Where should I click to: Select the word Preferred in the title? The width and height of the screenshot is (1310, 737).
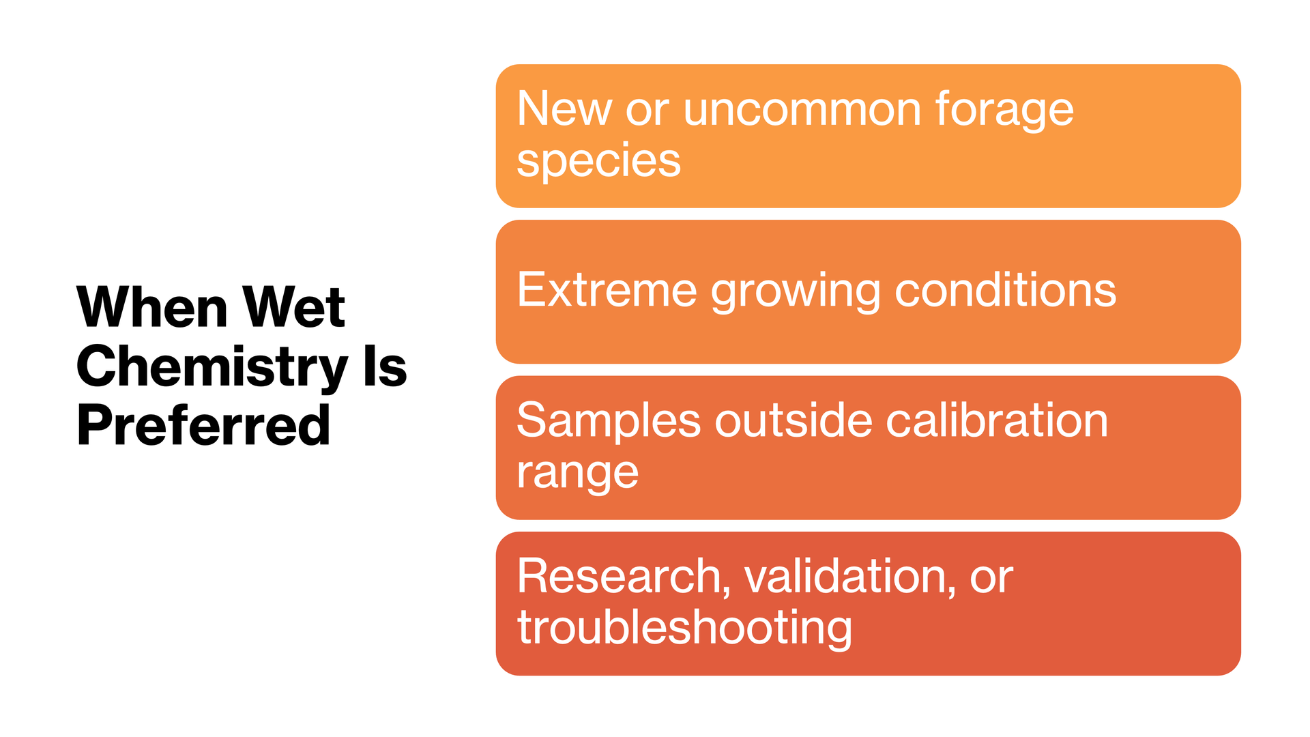click(203, 425)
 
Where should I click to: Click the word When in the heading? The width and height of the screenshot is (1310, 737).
click(152, 307)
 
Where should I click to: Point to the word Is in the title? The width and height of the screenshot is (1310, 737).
click(385, 366)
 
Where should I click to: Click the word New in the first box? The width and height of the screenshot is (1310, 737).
click(564, 109)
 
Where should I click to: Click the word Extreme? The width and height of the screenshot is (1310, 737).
click(607, 291)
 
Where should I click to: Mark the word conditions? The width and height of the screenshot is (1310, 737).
click(1005, 290)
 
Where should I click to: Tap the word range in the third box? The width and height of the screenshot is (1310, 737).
click(577, 474)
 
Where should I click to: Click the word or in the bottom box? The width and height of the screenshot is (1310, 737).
click(991, 580)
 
